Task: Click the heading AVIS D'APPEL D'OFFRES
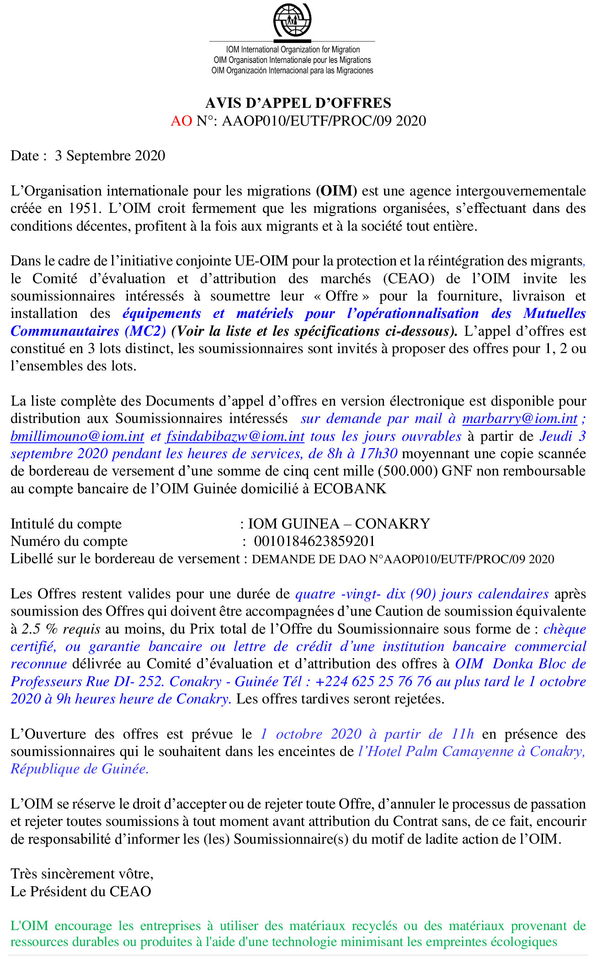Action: [x=298, y=103]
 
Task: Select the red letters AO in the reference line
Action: [x=181, y=121]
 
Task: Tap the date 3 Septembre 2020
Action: [x=110, y=156]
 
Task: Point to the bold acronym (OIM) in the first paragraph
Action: [x=336, y=191]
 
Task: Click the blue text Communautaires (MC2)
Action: [x=88, y=331]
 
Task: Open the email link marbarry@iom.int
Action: [x=520, y=419]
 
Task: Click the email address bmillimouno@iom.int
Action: [x=77, y=436]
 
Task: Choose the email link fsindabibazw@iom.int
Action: [x=235, y=436]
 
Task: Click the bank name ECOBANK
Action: [x=350, y=489]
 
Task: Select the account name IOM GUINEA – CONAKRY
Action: [x=339, y=524]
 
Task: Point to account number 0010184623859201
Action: [x=314, y=541]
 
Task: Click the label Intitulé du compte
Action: [x=66, y=524]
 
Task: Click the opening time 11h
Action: [x=463, y=734]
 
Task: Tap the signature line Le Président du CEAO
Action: [x=81, y=892]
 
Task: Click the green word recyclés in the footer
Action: [x=375, y=926]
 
